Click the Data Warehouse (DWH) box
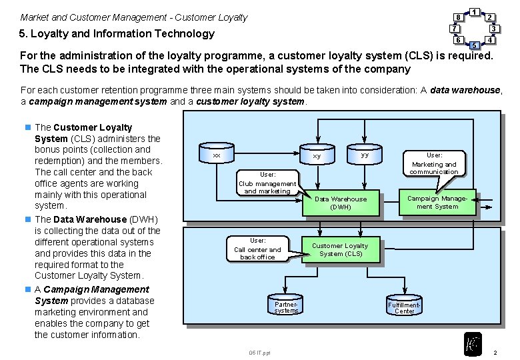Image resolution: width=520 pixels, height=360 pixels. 340,203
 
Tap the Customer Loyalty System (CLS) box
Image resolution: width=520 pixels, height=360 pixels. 340,249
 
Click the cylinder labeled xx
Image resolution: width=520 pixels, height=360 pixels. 216,155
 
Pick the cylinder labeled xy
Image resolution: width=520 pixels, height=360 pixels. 317,155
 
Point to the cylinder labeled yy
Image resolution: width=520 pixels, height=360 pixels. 364,155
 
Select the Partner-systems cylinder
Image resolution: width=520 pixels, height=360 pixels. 286,307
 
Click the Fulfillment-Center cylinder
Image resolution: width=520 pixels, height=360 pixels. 404,307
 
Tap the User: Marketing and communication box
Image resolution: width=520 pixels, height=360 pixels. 434,163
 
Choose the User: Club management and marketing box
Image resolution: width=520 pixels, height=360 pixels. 267,183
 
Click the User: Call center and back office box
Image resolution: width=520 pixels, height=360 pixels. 257,249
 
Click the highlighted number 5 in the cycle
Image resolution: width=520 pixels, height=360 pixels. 474,45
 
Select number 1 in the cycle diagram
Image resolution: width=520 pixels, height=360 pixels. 474,11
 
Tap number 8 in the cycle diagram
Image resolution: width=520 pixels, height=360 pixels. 458,17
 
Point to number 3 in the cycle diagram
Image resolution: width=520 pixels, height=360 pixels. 493,29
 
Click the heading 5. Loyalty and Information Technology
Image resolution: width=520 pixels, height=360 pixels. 117,34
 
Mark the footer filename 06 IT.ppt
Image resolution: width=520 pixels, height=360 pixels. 259,352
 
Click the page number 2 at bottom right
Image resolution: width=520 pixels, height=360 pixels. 494,351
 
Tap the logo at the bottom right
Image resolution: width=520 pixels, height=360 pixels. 473,343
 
